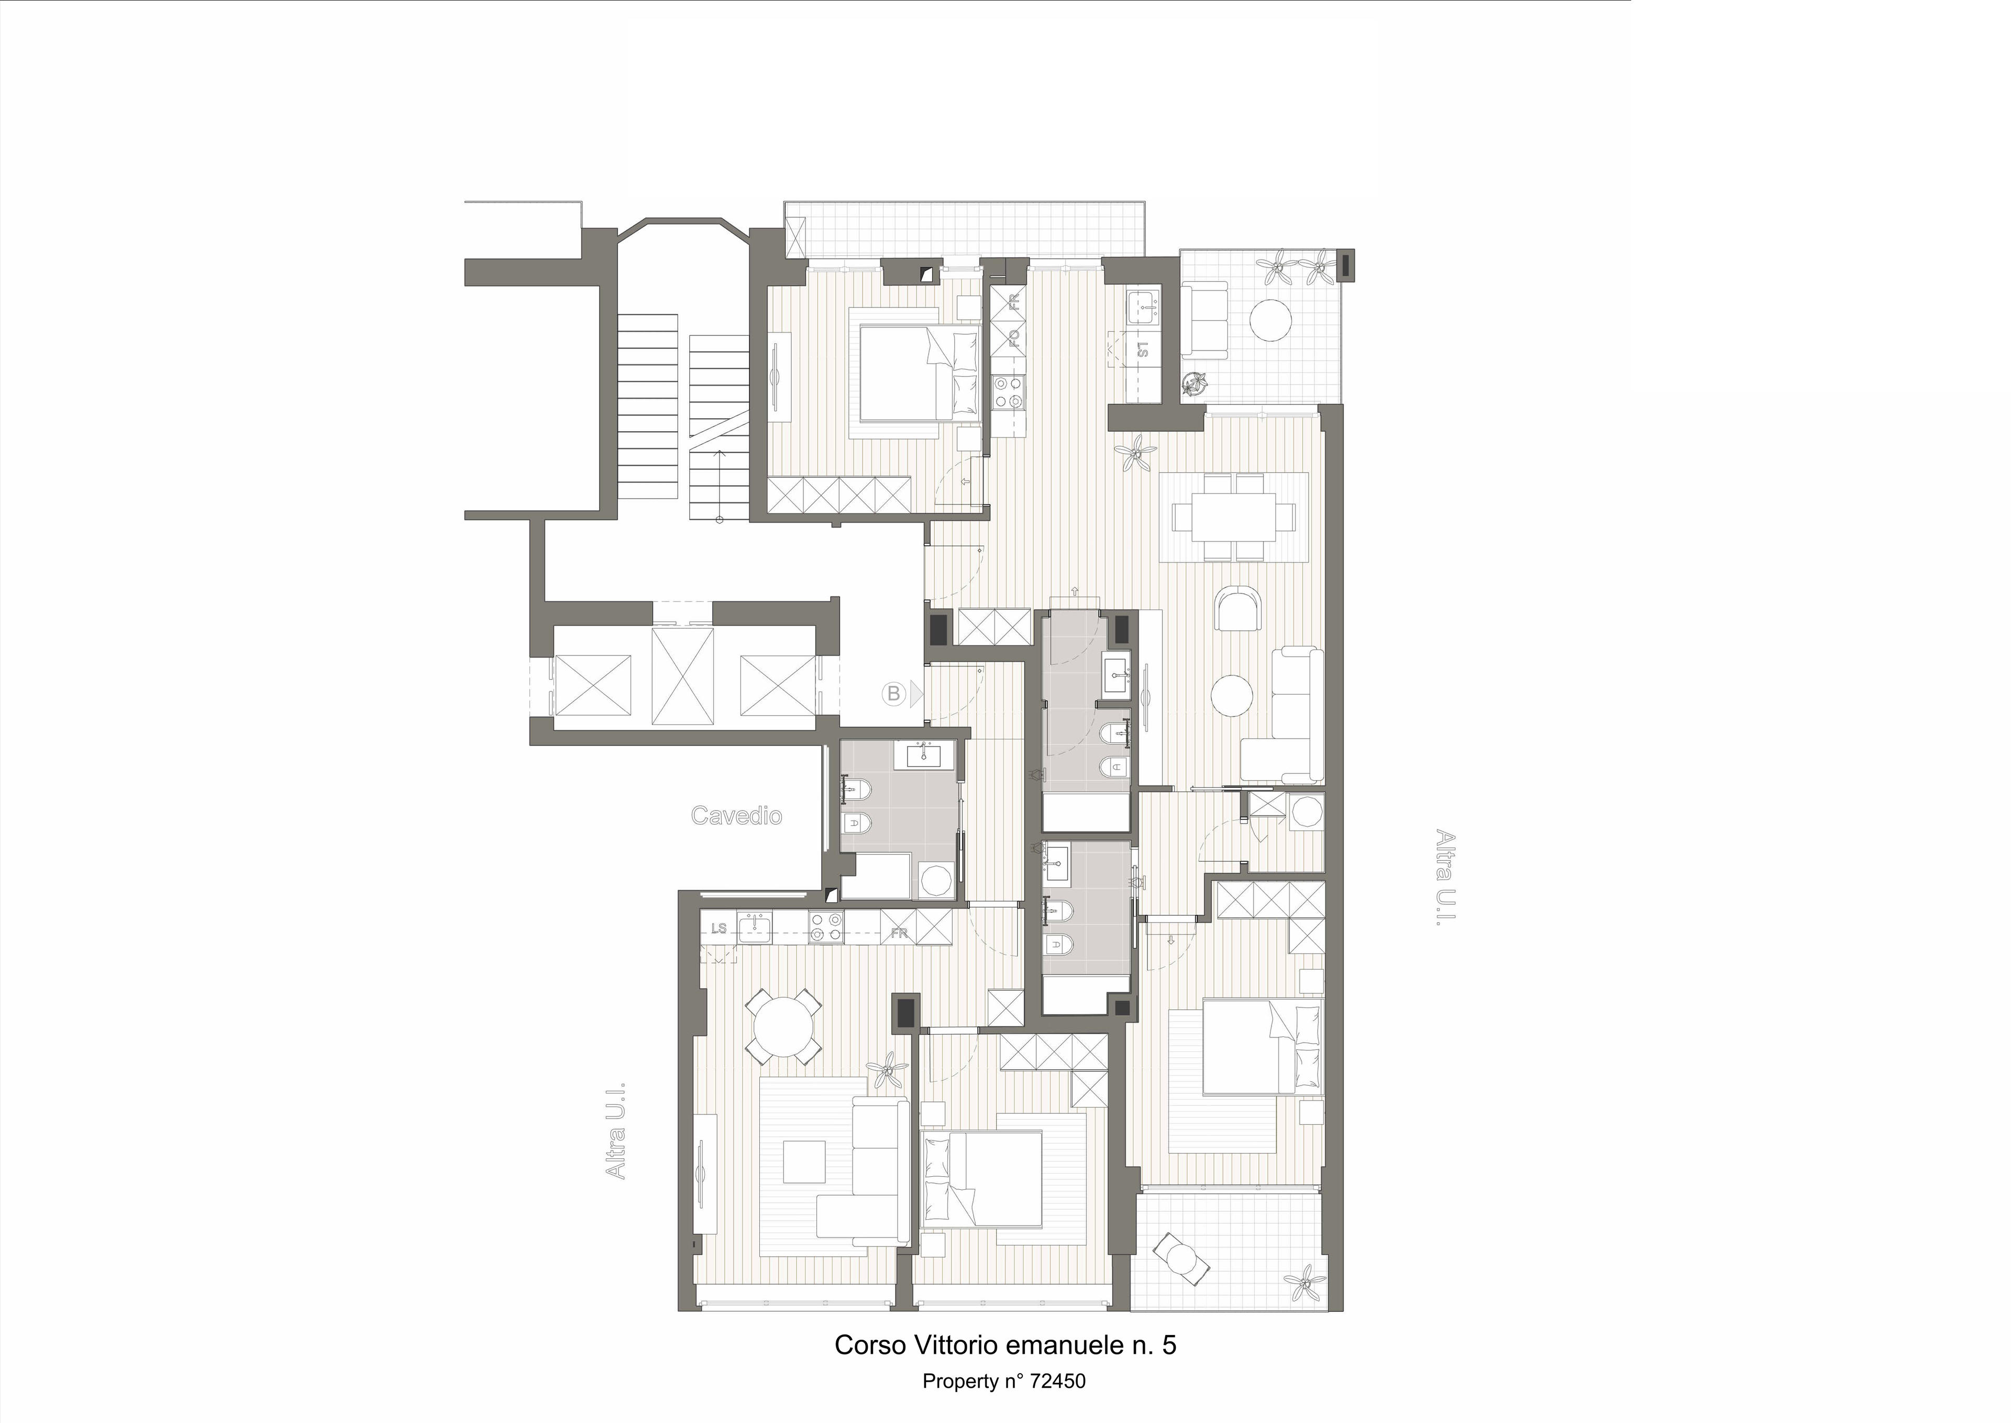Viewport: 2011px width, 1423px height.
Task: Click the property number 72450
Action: [x=1057, y=1381]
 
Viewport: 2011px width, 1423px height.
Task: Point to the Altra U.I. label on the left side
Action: [x=616, y=1130]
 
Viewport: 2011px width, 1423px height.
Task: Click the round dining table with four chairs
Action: [x=783, y=1027]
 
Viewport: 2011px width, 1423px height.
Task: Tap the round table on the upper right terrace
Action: [x=1270, y=320]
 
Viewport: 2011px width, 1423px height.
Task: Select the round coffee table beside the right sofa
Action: [x=1232, y=696]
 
